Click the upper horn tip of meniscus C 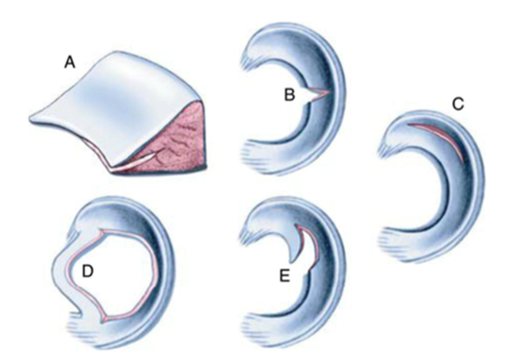[x=382, y=147]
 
